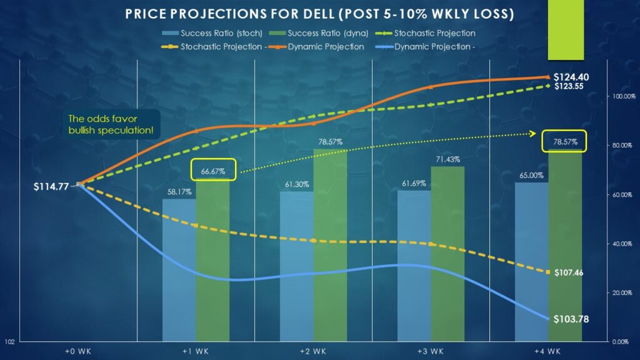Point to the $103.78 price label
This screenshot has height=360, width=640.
(x=571, y=319)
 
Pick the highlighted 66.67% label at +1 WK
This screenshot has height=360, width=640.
(x=213, y=170)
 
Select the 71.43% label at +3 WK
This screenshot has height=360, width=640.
(x=447, y=160)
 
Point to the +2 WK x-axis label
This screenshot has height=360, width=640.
(x=313, y=351)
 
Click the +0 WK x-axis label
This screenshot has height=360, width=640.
(x=78, y=351)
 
